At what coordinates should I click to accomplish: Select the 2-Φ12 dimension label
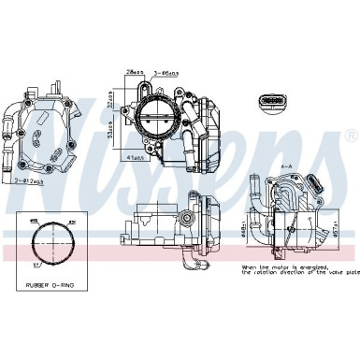27,179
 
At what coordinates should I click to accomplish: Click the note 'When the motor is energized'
284,267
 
